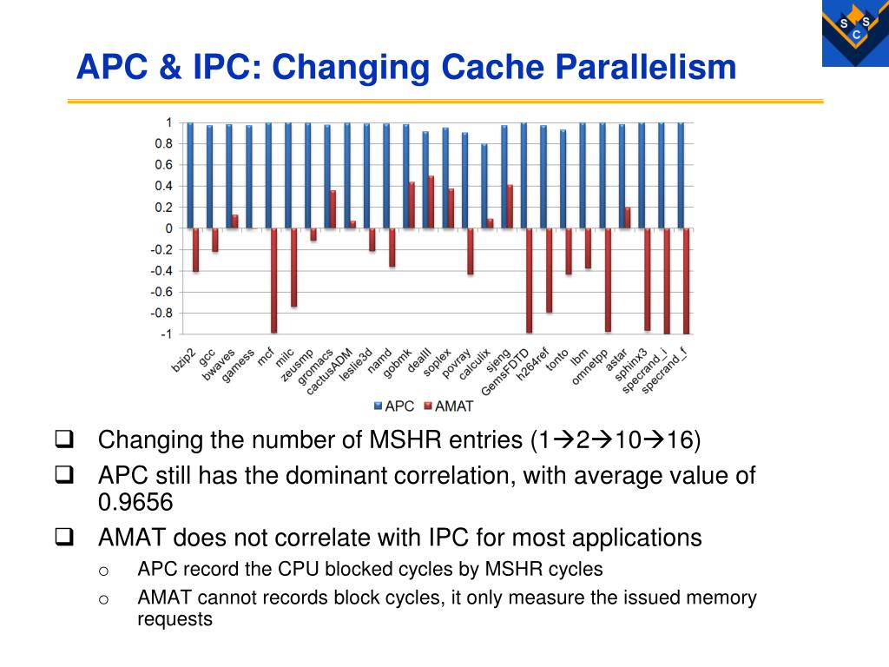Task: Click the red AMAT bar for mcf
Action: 273,281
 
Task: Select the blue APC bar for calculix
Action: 484,186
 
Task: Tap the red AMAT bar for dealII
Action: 431,202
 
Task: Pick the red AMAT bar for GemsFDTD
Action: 529,281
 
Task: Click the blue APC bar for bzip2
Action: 190,175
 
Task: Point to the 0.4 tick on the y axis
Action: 164,186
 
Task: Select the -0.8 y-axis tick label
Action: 161,313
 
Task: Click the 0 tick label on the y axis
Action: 168,228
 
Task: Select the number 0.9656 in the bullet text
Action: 135,502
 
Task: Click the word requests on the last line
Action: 175,619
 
